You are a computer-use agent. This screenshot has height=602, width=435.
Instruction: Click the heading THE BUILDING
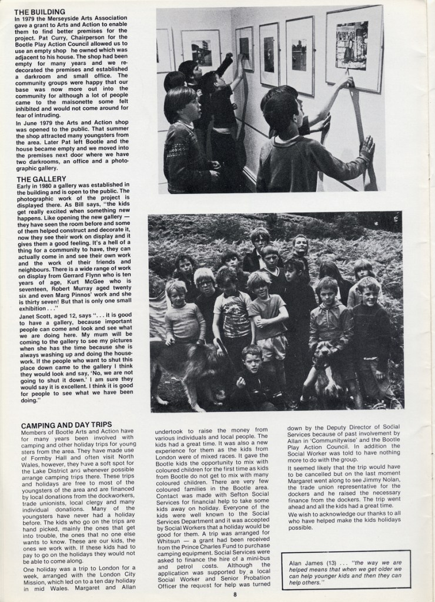coord(40,11)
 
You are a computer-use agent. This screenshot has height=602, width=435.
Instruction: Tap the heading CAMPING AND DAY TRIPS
coord(66,424)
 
